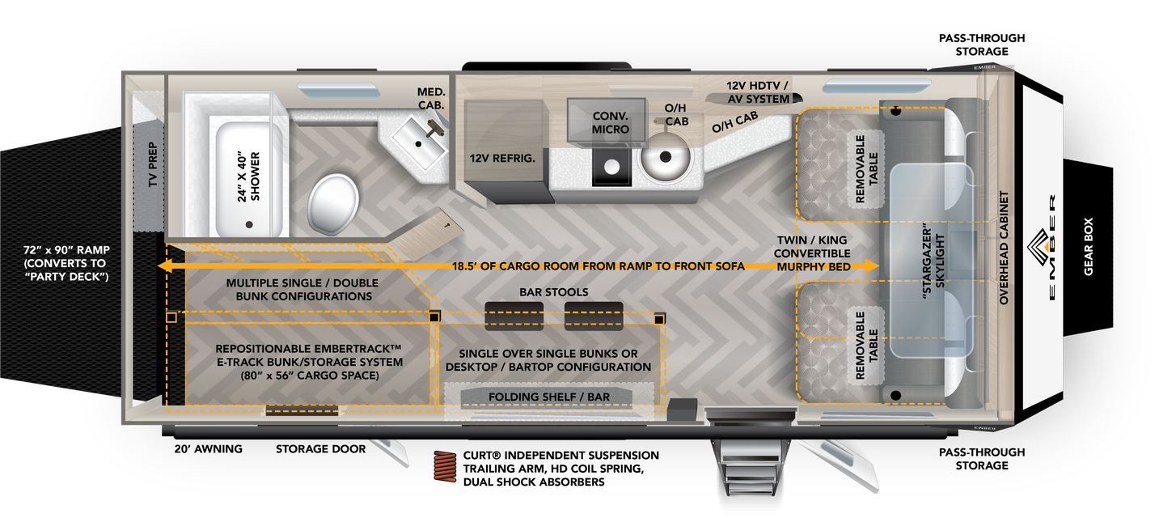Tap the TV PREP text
[153, 166]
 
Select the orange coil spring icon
[445, 468]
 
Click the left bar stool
[513, 316]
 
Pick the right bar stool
[593, 316]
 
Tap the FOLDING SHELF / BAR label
[548, 397]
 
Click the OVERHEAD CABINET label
[1004, 248]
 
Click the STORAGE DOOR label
[320, 449]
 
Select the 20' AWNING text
[208, 449]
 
